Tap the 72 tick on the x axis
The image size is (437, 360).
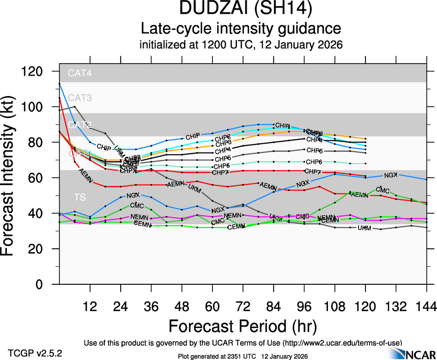tap(243, 306)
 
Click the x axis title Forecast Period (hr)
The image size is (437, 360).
tap(243, 326)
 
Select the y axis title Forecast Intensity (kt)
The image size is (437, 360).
tap(12, 177)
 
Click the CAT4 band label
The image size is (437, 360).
tap(80, 73)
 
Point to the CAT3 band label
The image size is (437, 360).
tap(80, 98)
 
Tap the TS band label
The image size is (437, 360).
tap(79, 198)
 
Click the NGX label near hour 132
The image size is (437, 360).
tap(390, 175)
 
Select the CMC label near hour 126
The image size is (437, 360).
tap(382, 190)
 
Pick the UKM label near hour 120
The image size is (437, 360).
tap(364, 228)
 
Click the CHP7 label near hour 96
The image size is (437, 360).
tap(313, 172)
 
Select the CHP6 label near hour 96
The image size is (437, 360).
tap(314, 162)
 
